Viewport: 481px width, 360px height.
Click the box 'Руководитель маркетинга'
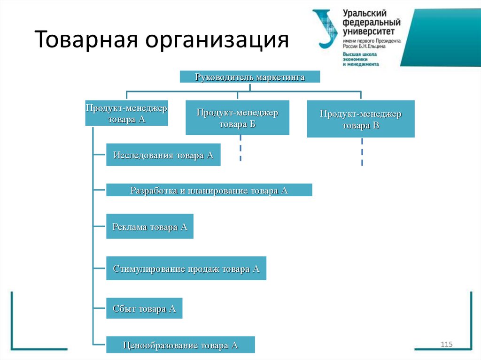click(250, 77)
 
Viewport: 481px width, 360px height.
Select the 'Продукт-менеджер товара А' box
click(126, 113)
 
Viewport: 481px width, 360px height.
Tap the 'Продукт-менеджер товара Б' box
click(237, 118)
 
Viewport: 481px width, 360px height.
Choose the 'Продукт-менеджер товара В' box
click(361, 119)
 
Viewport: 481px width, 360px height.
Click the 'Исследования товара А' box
click(163, 155)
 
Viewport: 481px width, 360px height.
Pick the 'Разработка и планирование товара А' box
click(209, 190)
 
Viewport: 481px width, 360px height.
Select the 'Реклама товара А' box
click(150, 227)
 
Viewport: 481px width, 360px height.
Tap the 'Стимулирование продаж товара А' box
click(186, 268)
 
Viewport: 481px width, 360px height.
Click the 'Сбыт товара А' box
click(144, 308)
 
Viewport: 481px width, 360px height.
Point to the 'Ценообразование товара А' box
click(180, 345)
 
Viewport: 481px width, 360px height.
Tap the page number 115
click(446, 345)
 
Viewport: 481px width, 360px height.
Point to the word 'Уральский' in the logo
click(364, 14)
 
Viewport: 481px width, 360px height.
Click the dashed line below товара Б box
click(240, 148)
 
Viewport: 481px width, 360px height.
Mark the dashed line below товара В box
click(362, 151)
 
